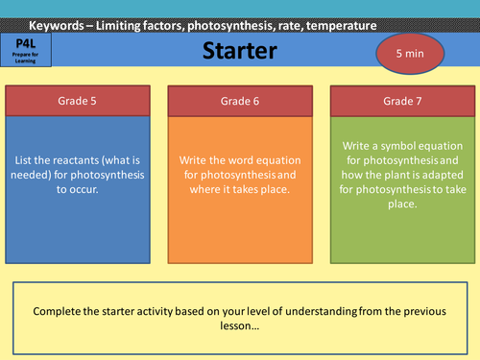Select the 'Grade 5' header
pyautogui.click(x=78, y=100)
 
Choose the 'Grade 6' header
pyautogui.click(x=239, y=100)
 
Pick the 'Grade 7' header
pyautogui.click(x=401, y=100)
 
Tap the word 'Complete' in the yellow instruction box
pyautogui.click(x=60, y=311)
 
